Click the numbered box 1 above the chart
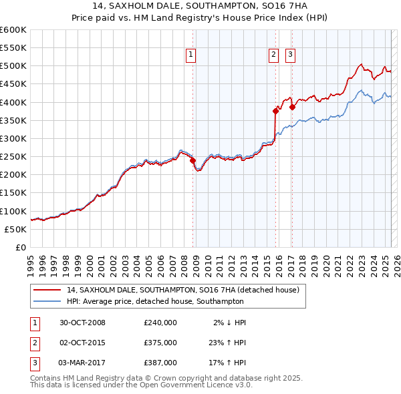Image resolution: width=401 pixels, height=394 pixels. (x=190, y=55)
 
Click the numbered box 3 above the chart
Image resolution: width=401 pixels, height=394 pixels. (x=291, y=55)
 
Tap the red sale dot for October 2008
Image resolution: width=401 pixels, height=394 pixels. (x=192, y=160)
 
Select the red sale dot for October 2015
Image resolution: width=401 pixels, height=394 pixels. (x=275, y=111)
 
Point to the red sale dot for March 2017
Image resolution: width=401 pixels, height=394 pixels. (x=292, y=107)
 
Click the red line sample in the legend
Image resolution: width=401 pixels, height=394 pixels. (x=48, y=290)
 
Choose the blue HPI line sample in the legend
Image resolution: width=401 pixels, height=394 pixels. (x=48, y=301)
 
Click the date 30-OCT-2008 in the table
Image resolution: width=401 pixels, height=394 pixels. (x=82, y=323)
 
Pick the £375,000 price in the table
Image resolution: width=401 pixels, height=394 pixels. (x=160, y=343)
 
